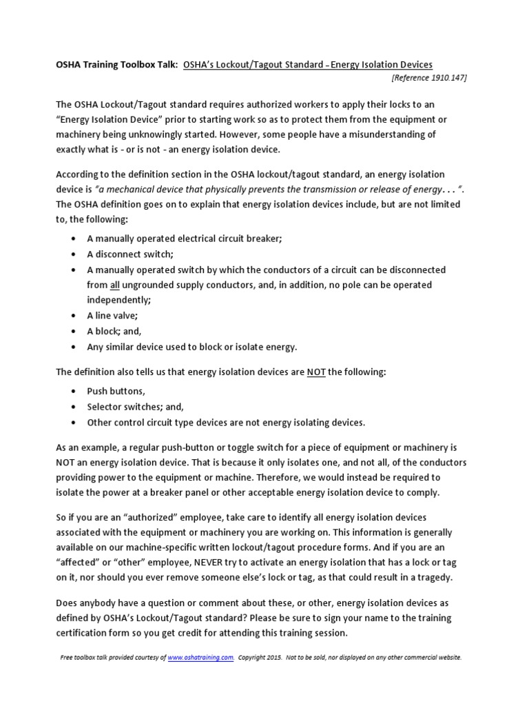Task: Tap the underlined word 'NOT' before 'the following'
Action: pyautogui.click(x=315, y=372)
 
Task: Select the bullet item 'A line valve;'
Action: pyautogui.click(x=112, y=314)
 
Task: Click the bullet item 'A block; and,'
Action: pyautogui.click(x=114, y=330)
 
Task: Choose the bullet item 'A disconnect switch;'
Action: pyautogui.click(x=129, y=253)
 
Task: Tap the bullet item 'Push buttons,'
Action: pyautogui.click(x=116, y=390)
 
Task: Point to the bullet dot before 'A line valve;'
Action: pyautogui.click(x=73, y=315)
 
